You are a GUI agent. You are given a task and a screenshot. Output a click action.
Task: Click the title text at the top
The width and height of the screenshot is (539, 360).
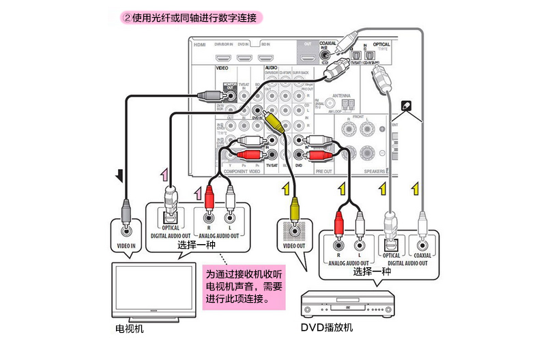pyautogui.click(x=192, y=17)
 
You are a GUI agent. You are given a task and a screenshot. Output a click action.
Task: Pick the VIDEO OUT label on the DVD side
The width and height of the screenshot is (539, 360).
pyautogui.click(x=295, y=245)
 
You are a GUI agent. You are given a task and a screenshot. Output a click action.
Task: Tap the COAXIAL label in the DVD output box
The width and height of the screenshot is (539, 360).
pyautogui.click(x=423, y=256)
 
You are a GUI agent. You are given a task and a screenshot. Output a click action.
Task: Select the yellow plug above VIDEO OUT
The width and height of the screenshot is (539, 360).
pyautogui.click(x=293, y=204)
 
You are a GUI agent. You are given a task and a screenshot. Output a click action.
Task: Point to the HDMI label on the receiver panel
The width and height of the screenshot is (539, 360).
pyautogui.click(x=199, y=44)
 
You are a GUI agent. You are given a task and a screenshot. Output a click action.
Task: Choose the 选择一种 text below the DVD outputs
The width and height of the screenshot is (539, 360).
pyautogui.click(x=372, y=271)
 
